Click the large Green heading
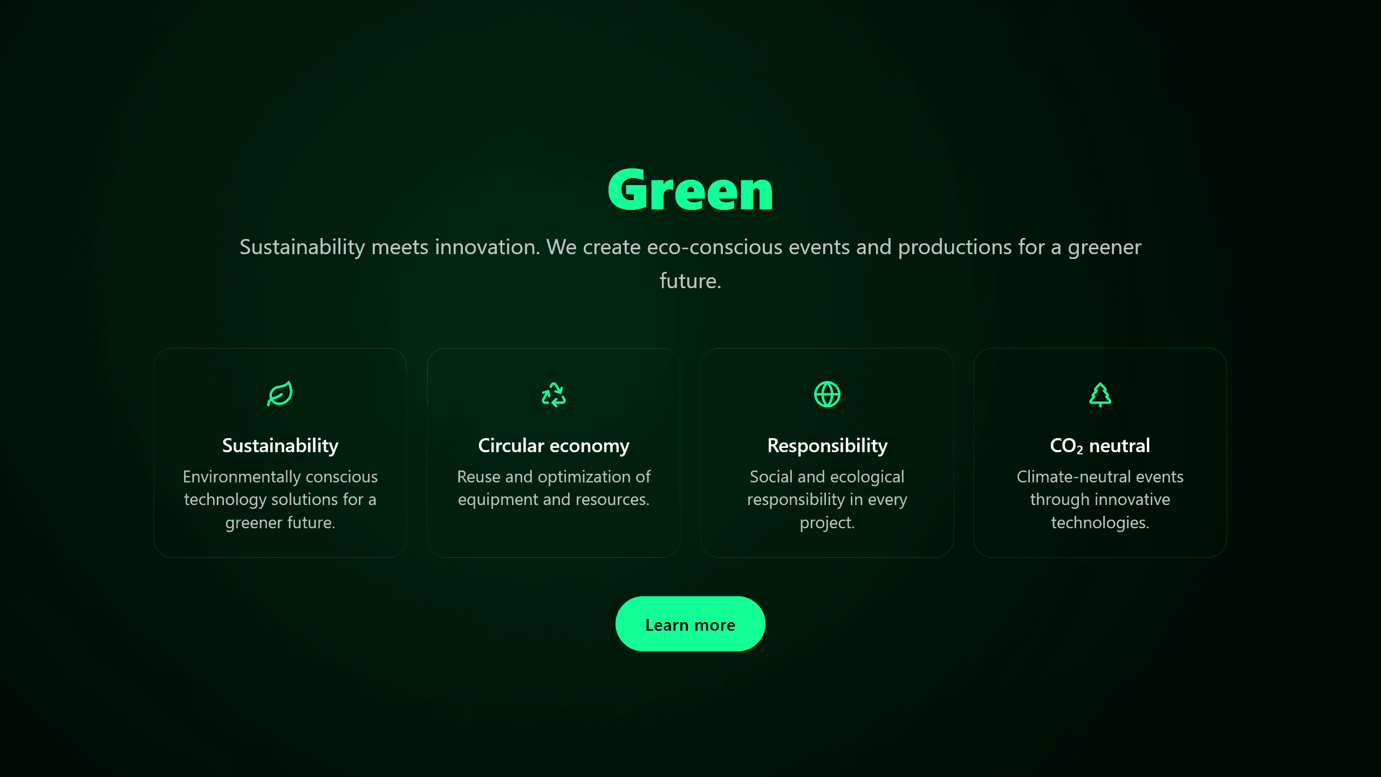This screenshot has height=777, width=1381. pyautogui.click(x=690, y=190)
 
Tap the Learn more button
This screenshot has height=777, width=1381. pyautogui.click(x=690, y=624)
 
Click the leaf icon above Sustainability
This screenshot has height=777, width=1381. pyautogui.click(x=280, y=394)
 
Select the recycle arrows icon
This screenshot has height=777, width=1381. pyautogui.click(x=553, y=394)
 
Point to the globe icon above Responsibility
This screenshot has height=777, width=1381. pyautogui.click(x=827, y=394)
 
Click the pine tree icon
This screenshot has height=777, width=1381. pyautogui.click(x=1100, y=394)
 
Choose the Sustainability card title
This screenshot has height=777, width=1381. pyautogui.click(x=280, y=446)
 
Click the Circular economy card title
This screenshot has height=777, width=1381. pyautogui.click(x=553, y=446)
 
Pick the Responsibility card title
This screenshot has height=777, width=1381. pyautogui.click(x=827, y=446)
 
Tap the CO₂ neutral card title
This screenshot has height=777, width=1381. pyautogui.click(x=1100, y=446)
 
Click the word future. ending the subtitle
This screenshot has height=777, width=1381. pyautogui.click(x=690, y=281)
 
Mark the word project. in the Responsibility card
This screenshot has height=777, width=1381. pyautogui.click(x=827, y=523)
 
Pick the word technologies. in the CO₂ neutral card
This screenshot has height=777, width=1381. pyautogui.click(x=1100, y=523)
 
